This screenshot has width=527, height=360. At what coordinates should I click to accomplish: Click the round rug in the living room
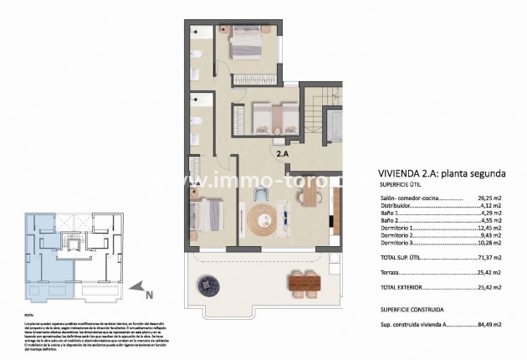click(x=263, y=220)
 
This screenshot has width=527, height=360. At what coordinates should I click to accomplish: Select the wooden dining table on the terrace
click(x=304, y=284)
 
